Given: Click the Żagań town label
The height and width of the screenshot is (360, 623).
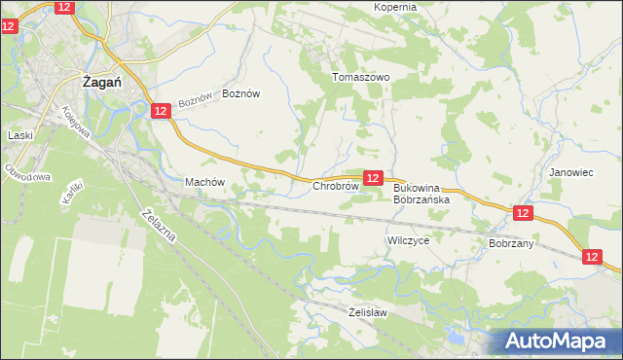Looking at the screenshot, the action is [100, 83].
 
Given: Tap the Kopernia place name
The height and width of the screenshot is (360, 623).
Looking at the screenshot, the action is [394, 7].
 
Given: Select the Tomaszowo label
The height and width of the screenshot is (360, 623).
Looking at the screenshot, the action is [361, 77].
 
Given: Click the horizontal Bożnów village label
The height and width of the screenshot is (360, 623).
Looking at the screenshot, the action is [242, 93].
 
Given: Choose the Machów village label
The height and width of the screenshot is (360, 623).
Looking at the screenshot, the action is [204, 182].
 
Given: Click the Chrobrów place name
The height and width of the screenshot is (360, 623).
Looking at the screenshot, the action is [336, 185].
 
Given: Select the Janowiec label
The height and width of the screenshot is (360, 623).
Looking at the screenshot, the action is [570, 171].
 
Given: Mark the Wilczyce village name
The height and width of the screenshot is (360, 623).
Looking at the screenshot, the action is [408, 239].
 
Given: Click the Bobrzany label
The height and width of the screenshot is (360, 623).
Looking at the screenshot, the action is [512, 243].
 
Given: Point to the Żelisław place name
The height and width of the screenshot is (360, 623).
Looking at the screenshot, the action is [368, 312].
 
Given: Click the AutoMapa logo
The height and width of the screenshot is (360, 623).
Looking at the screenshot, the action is [559, 341].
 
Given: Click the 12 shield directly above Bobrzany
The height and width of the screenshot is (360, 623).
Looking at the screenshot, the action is [523, 212].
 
